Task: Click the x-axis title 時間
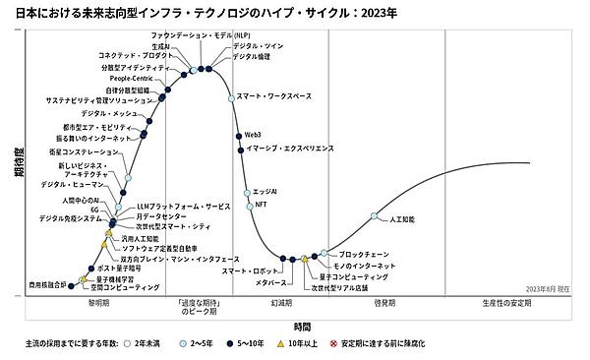(302, 325)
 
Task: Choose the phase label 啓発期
(384, 305)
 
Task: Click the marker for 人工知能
(374, 216)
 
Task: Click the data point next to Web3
(238, 135)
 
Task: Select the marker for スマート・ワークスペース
(231, 97)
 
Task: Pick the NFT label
(261, 204)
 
